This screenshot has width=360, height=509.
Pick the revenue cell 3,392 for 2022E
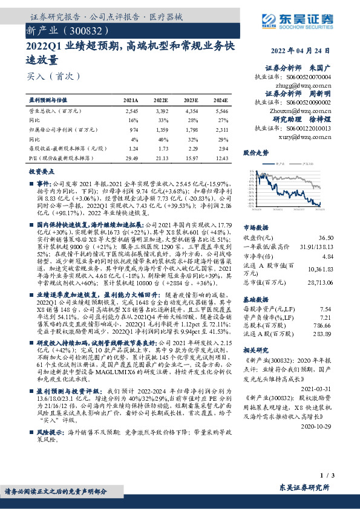point(161,112)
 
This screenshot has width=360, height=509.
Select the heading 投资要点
point(41,171)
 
